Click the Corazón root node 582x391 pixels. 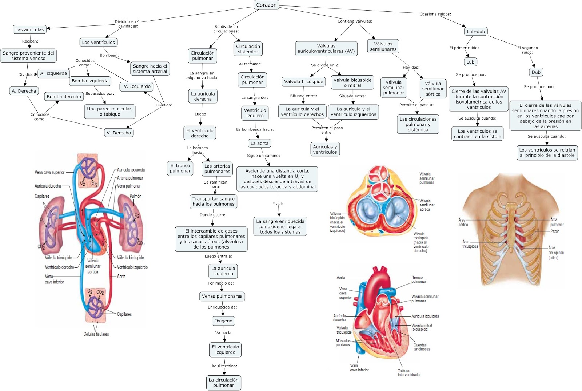coord(266,5)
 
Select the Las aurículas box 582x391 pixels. coord(29,29)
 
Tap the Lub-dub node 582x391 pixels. coord(475,31)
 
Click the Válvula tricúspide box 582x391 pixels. coord(303,81)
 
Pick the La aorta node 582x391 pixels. coord(259,143)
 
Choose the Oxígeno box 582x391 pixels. coord(223,321)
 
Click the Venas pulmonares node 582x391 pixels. coord(222,296)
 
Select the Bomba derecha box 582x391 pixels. coord(64,97)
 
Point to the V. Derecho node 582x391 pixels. coord(119,133)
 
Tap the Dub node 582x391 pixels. coord(536,72)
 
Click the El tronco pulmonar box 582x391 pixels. coord(180,168)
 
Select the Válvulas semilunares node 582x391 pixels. coord(383,47)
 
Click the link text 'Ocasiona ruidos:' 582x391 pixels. coord(435,14)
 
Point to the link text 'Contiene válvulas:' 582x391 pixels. coord(355,21)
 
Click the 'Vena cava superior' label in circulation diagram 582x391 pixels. coord(49,172)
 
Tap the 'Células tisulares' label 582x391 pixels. coord(96,334)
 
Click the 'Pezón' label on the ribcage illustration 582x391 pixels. coord(555,231)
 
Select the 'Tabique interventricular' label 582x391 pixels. coord(409,372)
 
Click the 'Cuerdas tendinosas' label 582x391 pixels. coord(422,347)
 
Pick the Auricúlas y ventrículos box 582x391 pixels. coord(325,149)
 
